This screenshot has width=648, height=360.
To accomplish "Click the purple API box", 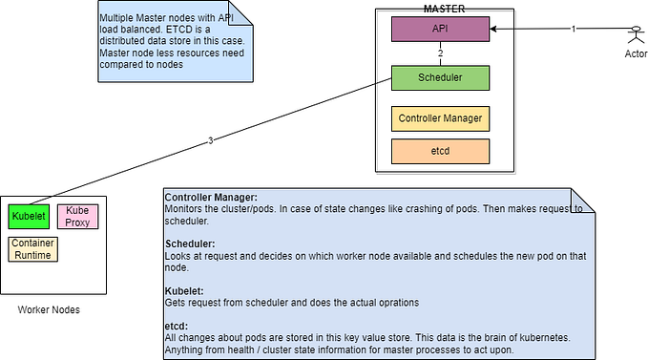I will point(440,30).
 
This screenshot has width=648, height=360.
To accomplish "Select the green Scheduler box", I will point(440,77).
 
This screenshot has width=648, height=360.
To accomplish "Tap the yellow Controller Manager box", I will point(440,119).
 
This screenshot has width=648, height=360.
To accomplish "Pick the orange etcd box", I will point(440,151).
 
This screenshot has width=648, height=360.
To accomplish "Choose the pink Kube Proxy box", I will point(78,217).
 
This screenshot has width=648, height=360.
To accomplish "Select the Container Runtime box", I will point(31,249).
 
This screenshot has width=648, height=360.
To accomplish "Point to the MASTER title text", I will point(443,9).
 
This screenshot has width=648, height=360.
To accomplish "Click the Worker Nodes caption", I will point(49,310).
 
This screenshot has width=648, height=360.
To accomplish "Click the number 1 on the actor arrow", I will point(574,30).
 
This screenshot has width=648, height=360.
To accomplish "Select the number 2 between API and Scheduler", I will point(440,53).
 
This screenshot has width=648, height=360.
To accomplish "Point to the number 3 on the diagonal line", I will point(210,141).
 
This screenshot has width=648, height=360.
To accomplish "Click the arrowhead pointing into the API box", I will point(495,30).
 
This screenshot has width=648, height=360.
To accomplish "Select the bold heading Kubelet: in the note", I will point(184,289).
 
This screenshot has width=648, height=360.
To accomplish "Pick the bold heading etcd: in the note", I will point(176,325).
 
